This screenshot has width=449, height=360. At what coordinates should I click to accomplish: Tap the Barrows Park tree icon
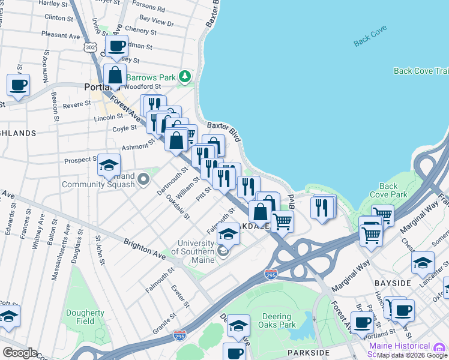click(x=185, y=77)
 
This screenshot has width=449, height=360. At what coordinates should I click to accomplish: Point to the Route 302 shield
click(x=91, y=47)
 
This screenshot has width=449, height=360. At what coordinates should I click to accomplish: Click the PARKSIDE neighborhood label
click(x=309, y=352)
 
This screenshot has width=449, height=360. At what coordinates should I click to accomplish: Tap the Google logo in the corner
click(x=20, y=353)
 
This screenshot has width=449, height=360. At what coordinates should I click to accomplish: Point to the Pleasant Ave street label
click(x=61, y=35)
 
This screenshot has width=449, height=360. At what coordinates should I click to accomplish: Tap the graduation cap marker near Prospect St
click(x=109, y=165)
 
